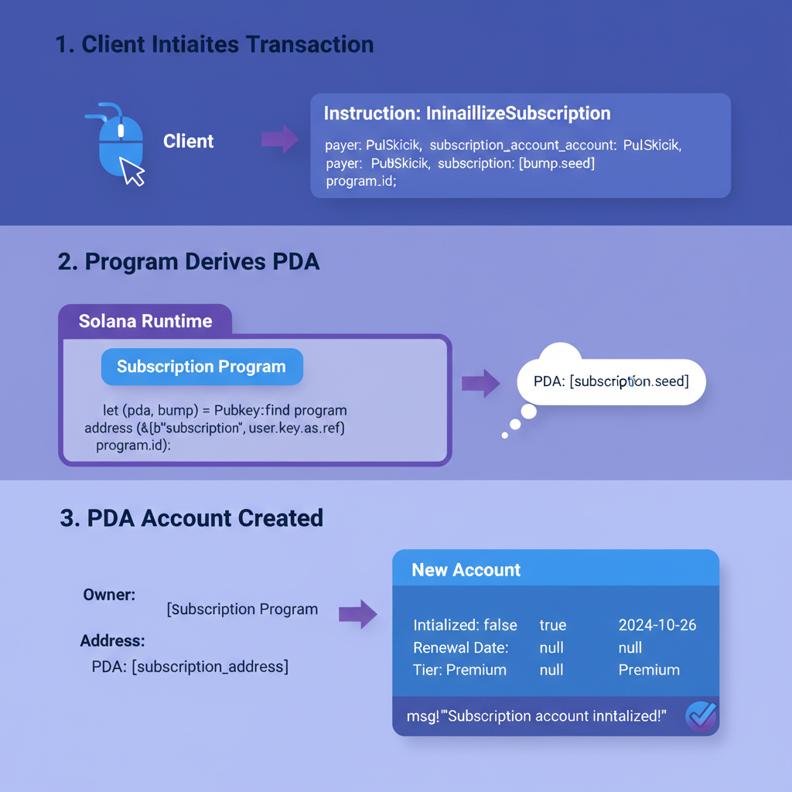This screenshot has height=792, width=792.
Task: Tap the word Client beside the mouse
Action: click(x=189, y=142)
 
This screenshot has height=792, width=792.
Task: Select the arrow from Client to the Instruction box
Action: click(x=279, y=139)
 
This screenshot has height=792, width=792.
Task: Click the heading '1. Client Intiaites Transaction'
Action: click(x=215, y=45)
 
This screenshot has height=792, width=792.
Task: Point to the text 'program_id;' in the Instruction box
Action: click(x=360, y=182)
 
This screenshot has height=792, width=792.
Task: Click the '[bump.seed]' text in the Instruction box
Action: click(x=550, y=164)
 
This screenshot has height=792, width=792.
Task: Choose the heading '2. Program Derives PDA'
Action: click(x=189, y=261)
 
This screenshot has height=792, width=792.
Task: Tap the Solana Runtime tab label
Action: click(x=145, y=321)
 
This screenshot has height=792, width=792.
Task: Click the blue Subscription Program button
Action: click(x=202, y=367)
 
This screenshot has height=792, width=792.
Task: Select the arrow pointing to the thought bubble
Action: click(x=480, y=383)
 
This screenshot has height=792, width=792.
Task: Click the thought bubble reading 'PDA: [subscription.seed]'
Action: click(x=611, y=381)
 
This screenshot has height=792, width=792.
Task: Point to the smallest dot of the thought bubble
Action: click(x=505, y=435)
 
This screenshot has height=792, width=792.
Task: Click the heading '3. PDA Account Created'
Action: click(x=191, y=518)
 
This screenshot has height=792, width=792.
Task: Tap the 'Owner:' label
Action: click(x=109, y=595)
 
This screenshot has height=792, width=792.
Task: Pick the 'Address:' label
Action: click(x=112, y=641)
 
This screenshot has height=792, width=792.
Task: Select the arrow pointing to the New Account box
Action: click(x=357, y=613)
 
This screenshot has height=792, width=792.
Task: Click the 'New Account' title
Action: click(x=466, y=570)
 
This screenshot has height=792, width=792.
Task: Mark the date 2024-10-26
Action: click(x=657, y=625)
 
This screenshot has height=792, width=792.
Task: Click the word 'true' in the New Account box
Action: click(x=553, y=625)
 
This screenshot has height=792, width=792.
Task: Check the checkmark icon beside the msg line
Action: click(x=701, y=716)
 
